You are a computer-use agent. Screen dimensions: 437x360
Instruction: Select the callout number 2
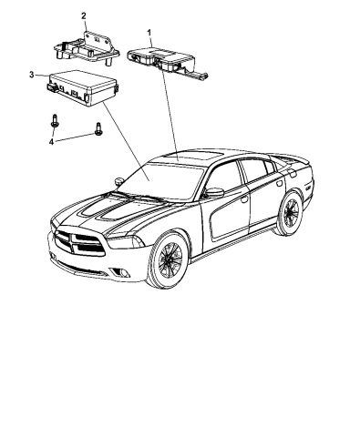83,15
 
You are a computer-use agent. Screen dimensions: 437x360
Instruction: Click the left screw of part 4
56,120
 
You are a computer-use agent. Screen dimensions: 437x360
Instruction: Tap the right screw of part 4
97,131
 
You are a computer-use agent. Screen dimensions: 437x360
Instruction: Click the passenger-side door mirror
214,192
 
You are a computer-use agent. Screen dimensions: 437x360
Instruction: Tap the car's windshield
163,177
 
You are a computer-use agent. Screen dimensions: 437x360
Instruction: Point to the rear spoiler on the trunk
300,163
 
